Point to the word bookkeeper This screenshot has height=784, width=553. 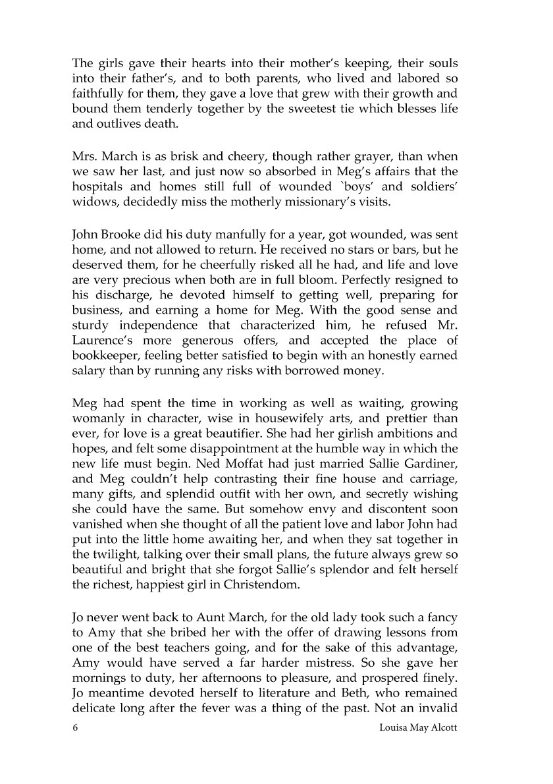pos(102,356)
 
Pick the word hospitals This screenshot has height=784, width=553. pos(99,186)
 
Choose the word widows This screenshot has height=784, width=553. pos(92,202)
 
